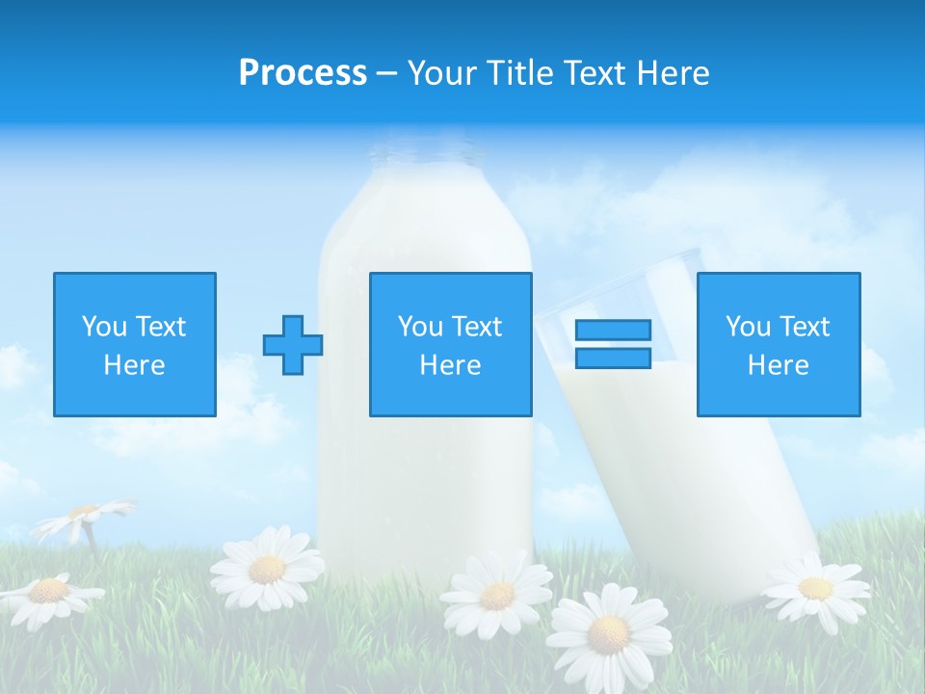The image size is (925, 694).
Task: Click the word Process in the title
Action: click(303, 73)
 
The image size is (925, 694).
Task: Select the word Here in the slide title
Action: click(670, 73)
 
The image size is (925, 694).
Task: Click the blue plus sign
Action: click(293, 344)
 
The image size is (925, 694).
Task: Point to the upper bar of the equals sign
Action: click(613, 330)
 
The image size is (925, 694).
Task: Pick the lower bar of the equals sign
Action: click(613, 358)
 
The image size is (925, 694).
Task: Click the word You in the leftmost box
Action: click(102, 327)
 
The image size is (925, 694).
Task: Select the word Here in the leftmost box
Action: click(134, 365)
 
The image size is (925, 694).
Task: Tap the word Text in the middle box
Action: click(476, 327)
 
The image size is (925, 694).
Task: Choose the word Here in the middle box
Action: click(450, 365)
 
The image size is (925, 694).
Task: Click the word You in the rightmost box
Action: click(747, 327)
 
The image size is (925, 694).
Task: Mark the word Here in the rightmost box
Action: click(778, 365)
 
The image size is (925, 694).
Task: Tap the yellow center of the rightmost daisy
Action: click(815, 588)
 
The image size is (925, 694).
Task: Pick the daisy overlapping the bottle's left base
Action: click(267, 569)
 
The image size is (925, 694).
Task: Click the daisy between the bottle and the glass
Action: click(497, 595)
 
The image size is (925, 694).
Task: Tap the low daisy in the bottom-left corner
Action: click(48, 592)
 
